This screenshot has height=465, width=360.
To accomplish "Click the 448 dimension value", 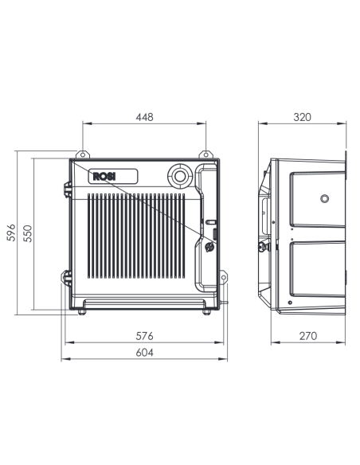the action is click(145, 117).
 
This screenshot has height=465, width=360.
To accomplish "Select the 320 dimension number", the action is click(302, 117).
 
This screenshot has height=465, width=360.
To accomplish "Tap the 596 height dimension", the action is click(11, 232).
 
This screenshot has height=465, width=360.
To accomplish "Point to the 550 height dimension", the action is click(28, 233).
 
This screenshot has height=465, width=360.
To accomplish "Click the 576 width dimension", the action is click(145, 336).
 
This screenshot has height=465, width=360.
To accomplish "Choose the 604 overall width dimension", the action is click(145, 353).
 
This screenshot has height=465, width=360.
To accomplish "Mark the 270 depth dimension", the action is click(308, 336).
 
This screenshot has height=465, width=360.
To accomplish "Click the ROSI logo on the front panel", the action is click(104, 177).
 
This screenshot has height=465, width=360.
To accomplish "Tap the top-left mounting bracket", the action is click(83, 154).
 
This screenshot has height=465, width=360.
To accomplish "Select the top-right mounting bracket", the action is click(205, 154).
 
